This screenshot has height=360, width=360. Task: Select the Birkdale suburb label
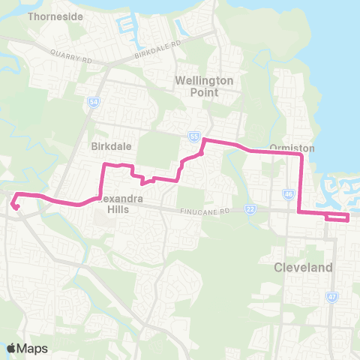click(x=106, y=145)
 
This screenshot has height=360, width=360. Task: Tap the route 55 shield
click(x=194, y=136)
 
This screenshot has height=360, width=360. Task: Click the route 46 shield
click(x=289, y=193)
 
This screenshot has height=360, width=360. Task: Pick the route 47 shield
click(x=332, y=297)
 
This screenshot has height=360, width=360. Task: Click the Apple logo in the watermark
click(x=12, y=348)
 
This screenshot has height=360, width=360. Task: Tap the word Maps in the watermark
click(x=32, y=348)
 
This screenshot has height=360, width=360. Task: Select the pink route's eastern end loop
click(x=337, y=217)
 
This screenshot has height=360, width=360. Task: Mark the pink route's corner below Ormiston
click(x=301, y=155)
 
